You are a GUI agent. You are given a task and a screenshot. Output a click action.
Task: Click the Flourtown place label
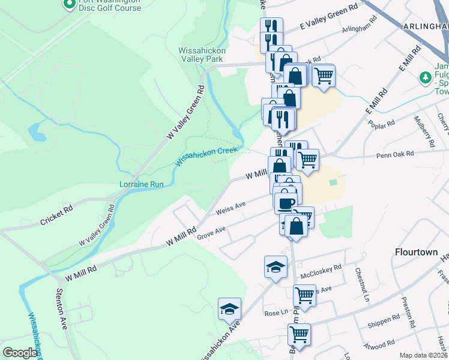pos(416,252)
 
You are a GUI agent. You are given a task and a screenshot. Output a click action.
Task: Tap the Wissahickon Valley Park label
pos(201,55)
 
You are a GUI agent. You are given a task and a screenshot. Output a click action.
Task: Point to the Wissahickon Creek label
pos(206,156)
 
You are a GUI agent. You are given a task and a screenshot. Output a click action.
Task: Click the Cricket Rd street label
pos(56,215)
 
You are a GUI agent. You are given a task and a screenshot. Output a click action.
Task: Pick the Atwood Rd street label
pos(379,344)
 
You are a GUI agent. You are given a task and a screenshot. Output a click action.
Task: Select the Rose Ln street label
pos(276,314)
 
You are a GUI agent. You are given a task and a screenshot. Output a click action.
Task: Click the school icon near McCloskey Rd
pos(276,266)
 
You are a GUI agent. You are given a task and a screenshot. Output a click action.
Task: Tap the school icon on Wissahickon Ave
pos(229,308)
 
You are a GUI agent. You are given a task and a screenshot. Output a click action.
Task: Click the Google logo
pos(20,353)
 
